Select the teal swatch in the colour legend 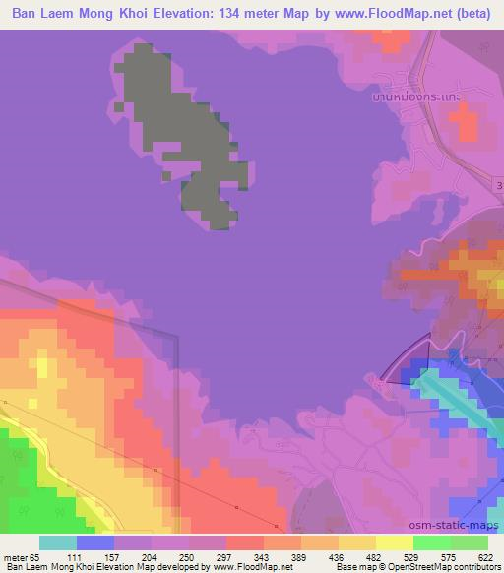coord(58,542)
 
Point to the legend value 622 coord(482,557)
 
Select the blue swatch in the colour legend coord(95,542)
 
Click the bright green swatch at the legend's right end coord(470,542)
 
